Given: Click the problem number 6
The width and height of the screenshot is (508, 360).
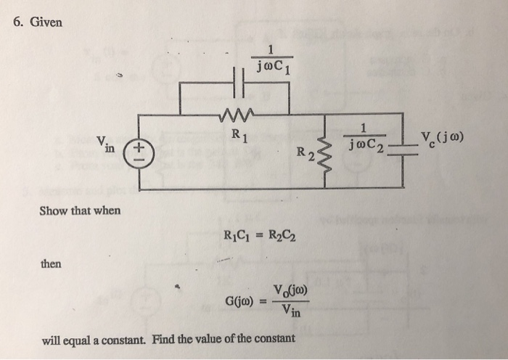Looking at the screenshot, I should click(x=18, y=22).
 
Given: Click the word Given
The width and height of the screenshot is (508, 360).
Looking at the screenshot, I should click(x=46, y=22).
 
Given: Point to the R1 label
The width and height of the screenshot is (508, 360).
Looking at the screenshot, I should click(x=237, y=134).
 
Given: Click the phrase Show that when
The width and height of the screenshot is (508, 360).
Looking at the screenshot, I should click(x=80, y=211).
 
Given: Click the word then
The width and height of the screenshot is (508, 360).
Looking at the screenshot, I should click(x=51, y=263).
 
